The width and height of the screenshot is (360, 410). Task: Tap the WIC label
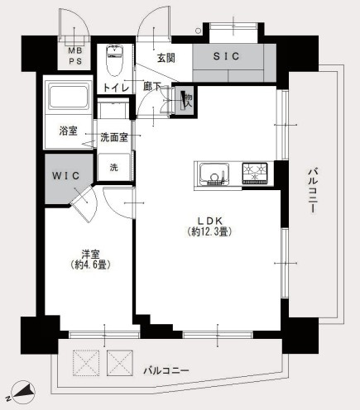(x=65, y=176)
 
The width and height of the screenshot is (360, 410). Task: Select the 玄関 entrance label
(x=166, y=57)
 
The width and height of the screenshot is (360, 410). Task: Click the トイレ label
(x=113, y=86)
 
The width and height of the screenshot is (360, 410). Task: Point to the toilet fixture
(x=114, y=60)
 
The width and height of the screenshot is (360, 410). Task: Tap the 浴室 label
(x=68, y=131)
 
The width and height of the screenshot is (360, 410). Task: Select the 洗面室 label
(x=114, y=137)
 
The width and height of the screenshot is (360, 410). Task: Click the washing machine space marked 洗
(x=113, y=166)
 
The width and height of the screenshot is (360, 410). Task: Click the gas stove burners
(x=254, y=174)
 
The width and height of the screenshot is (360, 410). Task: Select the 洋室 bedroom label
(x=90, y=253)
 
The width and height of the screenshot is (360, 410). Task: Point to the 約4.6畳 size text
(x=90, y=265)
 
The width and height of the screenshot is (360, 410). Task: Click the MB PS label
(x=75, y=55)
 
